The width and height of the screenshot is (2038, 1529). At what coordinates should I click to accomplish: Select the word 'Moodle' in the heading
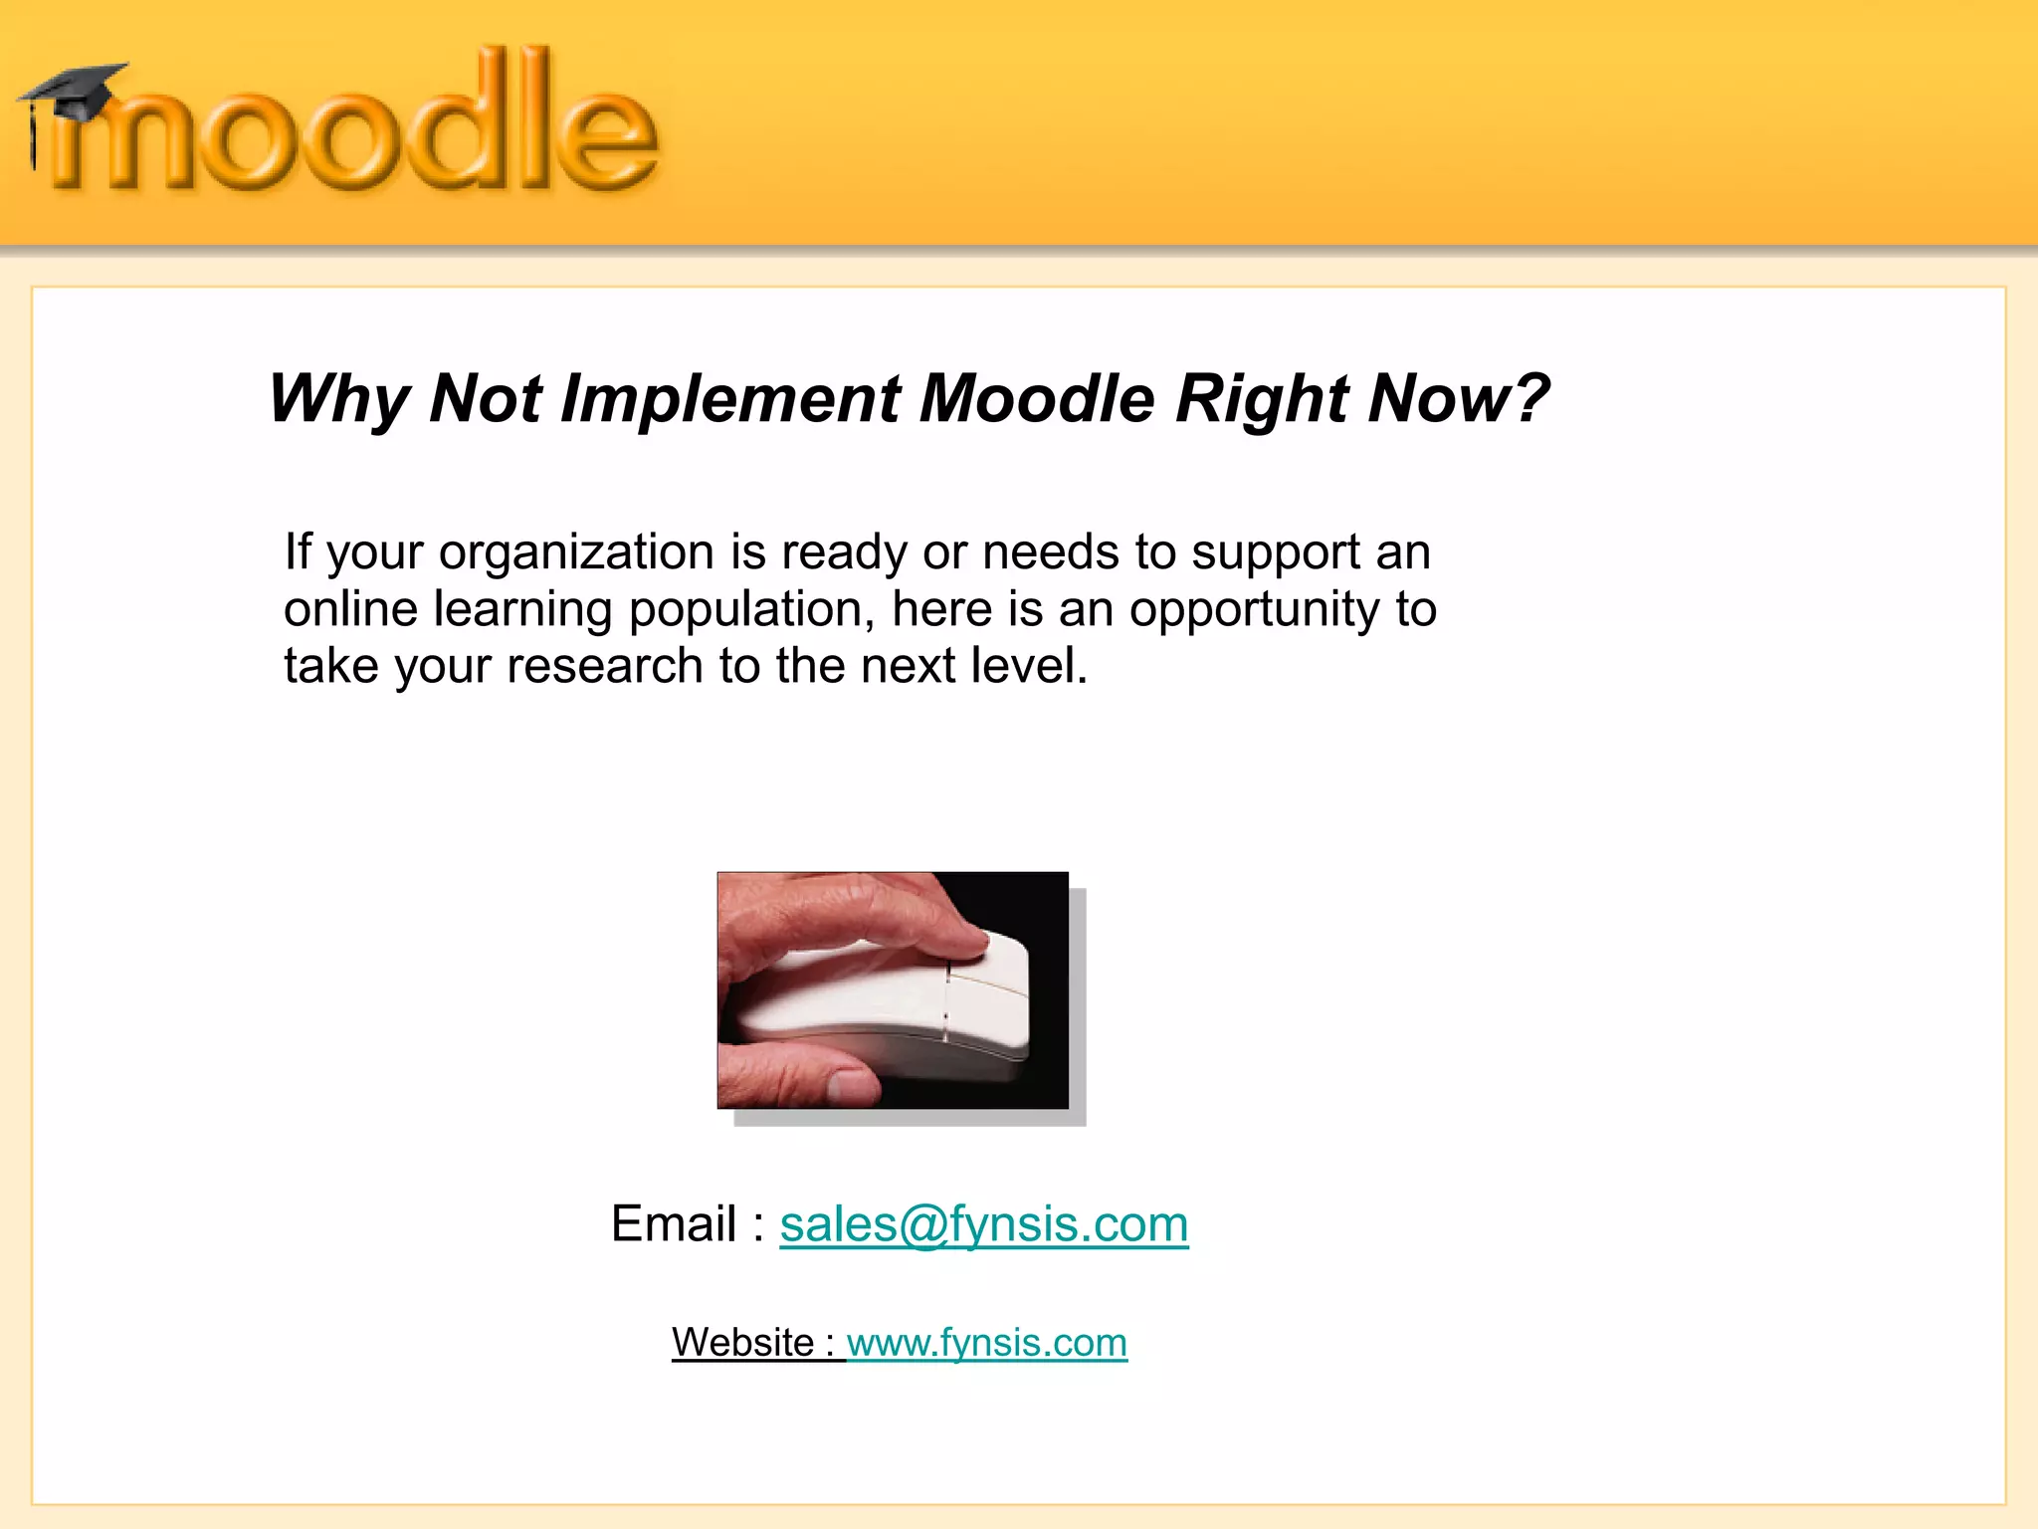[1036, 399]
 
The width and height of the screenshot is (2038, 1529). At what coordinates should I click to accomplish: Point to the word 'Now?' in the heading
[1458, 399]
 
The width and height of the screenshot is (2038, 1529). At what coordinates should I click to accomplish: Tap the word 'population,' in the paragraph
[751, 609]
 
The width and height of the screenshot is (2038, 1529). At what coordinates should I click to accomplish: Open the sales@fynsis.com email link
[983, 1223]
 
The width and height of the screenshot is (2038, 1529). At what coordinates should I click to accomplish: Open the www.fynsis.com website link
[986, 1343]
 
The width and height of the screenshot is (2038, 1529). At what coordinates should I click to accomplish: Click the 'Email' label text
[674, 1223]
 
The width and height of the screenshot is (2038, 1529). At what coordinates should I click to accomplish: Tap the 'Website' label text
[742, 1343]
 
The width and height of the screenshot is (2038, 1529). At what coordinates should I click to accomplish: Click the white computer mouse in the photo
[896, 1005]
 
